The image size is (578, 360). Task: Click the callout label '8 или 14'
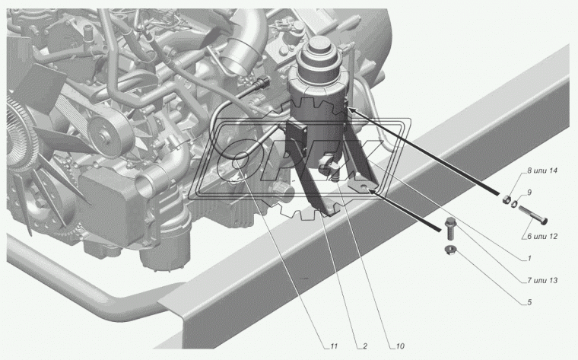(541, 170)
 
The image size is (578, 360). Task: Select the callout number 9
(529, 192)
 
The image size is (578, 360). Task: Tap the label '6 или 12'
(542, 236)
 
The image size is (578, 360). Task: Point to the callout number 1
(529, 258)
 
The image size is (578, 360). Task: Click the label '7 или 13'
(542, 280)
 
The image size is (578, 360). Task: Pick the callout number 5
(529, 302)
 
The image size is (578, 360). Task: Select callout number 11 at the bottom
(334, 346)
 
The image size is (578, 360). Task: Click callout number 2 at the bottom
(365, 346)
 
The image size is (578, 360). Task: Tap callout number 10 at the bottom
(400, 346)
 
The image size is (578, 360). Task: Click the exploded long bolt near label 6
(533, 215)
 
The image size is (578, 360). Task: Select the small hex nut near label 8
(506, 199)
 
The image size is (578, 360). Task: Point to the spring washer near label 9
(514, 202)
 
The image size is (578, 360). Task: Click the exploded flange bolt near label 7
(450, 228)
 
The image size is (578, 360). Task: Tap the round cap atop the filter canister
(319, 45)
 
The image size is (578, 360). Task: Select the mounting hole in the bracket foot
(364, 187)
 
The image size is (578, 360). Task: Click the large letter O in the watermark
(239, 161)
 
